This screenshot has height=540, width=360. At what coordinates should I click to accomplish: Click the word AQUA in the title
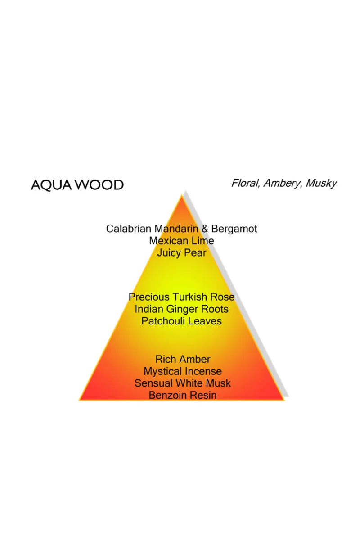coord(52,185)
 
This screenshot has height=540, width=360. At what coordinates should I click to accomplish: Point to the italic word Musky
coord(321,184)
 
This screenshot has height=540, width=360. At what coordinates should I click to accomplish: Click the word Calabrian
coord(129,229)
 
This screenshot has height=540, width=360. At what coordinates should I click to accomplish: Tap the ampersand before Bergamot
coord(205,229)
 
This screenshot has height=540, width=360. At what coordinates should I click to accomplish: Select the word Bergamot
coord(234,229)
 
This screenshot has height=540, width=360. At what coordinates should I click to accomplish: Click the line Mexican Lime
coord(181,241)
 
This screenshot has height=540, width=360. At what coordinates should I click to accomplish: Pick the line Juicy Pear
coord(181,253)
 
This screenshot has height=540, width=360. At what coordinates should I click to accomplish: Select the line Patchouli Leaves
coord(181,321)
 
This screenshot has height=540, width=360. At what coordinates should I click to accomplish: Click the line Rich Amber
coord(183,359)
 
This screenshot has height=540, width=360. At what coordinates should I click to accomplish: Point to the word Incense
coord(203,371)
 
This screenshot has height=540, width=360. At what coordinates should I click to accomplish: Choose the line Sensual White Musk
coord(183,383)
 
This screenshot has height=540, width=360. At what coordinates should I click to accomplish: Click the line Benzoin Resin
coord(183,395)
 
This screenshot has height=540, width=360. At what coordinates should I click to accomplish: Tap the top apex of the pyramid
coord(181,195)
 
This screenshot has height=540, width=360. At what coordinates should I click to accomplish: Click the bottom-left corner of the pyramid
coord(79,400)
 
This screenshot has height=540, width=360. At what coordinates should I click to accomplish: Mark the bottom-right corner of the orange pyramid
coord(284,400)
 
